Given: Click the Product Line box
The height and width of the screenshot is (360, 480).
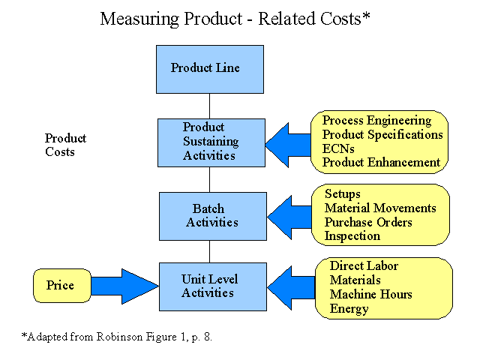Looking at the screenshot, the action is click(210, 69).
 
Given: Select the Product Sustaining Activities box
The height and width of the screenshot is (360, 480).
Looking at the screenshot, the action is click(211, 142).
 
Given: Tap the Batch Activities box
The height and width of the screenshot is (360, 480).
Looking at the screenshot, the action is click(213, 216).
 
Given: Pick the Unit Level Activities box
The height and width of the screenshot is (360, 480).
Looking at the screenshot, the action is click(213, 286).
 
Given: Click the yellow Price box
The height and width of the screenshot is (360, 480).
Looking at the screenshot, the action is click(62, 286).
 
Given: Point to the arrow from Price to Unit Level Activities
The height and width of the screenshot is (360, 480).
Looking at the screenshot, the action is click(125, 286).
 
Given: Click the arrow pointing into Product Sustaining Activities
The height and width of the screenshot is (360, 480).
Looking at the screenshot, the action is click(288, 145).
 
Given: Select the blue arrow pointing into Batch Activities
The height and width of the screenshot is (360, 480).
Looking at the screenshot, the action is click(289, 217).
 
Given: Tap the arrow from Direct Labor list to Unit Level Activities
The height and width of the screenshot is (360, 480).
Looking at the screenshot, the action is click(291, 288).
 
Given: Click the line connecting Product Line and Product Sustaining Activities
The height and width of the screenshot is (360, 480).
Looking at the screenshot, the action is click(210, 106).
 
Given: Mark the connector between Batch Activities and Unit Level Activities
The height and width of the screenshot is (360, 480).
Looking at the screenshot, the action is click(210, 252).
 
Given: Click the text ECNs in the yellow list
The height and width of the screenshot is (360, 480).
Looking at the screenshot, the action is click(338, 148).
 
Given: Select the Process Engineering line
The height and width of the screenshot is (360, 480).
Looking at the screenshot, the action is click(376, 120).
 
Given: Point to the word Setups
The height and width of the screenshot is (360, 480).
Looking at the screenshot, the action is click(343, 194).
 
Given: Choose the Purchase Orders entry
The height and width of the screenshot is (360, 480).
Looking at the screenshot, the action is click(368, 222).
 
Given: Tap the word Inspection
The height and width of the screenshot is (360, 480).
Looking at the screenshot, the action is click(352, 236).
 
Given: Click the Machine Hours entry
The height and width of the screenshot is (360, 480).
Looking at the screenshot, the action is click(371, 294).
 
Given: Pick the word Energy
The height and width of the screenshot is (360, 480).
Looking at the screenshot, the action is click(349, 308).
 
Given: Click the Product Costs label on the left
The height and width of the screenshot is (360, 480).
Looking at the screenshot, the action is click(65, 145).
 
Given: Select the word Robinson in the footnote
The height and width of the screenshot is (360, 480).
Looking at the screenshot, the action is click(120, 337).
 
